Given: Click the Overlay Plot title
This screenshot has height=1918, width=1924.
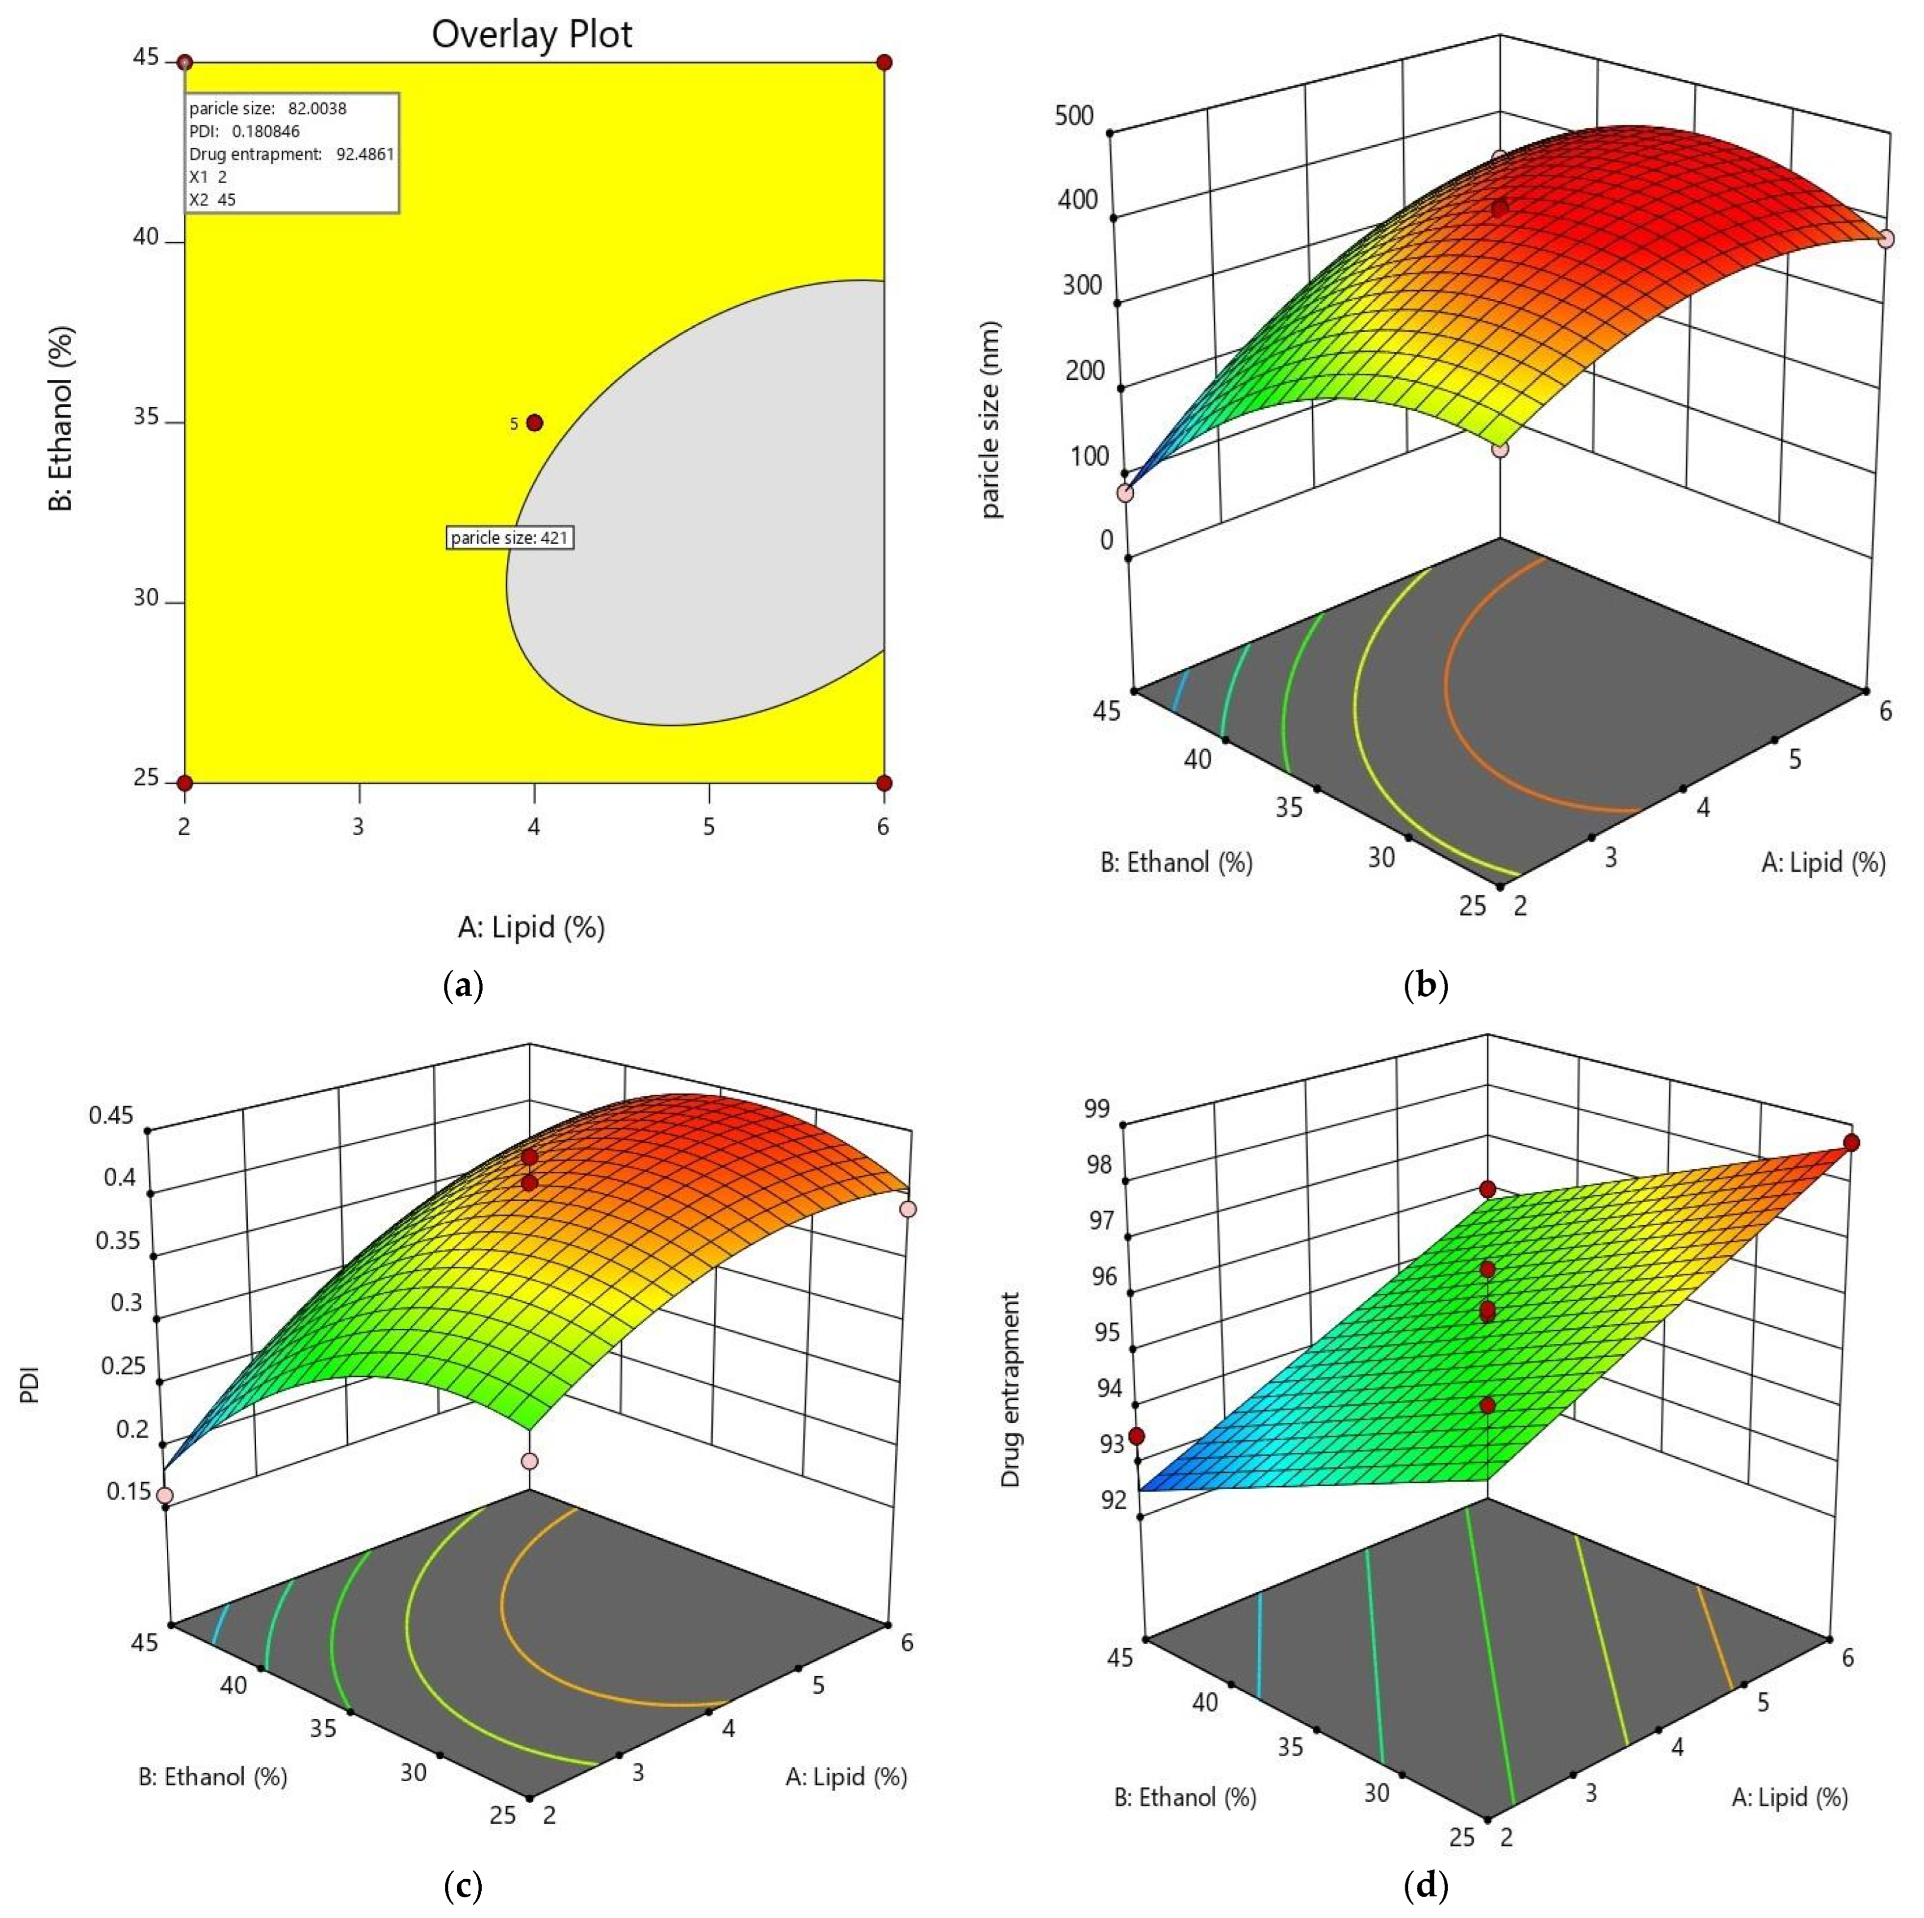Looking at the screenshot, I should click(x=532, y=35).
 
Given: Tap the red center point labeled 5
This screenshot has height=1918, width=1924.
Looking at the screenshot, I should click(x=535, y=423).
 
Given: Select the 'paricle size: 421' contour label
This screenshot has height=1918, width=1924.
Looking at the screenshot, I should click(x=510, y=538).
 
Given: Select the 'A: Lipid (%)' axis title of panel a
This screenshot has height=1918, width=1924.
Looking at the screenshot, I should click(x=531, y=927).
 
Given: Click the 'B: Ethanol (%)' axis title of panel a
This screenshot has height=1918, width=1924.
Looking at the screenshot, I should click(x=62, y=418).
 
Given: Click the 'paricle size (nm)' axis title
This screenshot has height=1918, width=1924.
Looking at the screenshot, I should click(x=991, y=418).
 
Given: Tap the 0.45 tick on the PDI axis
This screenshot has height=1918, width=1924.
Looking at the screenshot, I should click(x=111, y=1115).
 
